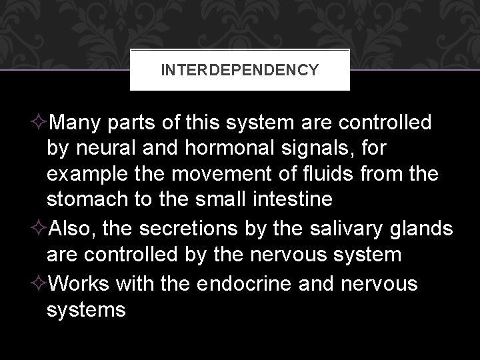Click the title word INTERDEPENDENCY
[x=239, y=69]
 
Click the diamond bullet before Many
[x=40, y=124]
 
